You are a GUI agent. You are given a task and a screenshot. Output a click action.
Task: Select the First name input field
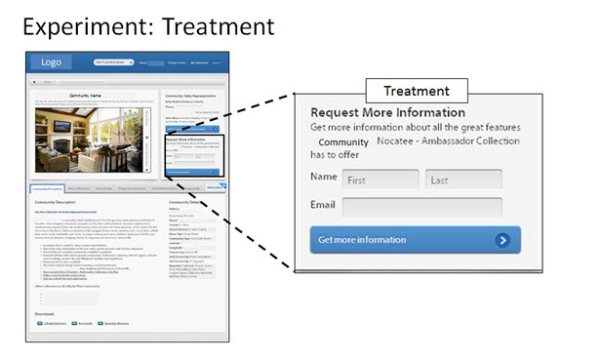(x=379, y=180)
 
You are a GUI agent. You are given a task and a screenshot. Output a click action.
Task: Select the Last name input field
(x=463, y=180)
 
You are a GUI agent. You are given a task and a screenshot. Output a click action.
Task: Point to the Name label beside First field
(x=323, y=178)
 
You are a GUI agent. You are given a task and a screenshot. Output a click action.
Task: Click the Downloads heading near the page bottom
(x=45, y=313)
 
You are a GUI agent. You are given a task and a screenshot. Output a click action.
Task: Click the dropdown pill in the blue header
(x=115, y=62)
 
